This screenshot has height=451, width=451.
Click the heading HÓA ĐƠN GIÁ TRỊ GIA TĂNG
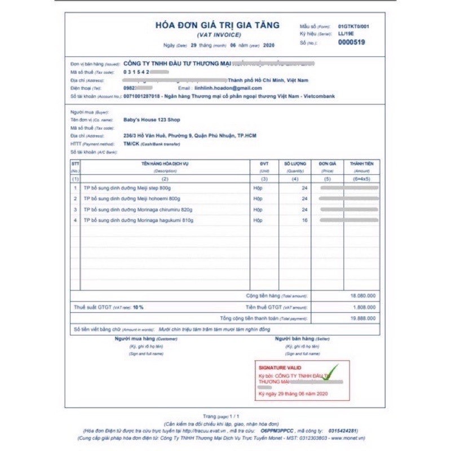click(218, 25)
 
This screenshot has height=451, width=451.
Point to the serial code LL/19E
click(346, 34)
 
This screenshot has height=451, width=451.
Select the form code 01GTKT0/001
click(354, 26)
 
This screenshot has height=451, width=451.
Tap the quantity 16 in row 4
click(304, 220)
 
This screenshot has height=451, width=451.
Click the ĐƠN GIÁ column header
click(327, 163)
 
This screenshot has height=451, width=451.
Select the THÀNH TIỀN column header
click(362, 163)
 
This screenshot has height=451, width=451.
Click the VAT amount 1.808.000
click(365, 307)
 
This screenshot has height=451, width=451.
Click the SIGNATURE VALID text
click(280, 368)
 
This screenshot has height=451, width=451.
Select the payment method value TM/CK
click(131, 144)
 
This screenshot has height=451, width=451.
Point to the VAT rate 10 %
click(138, 307)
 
